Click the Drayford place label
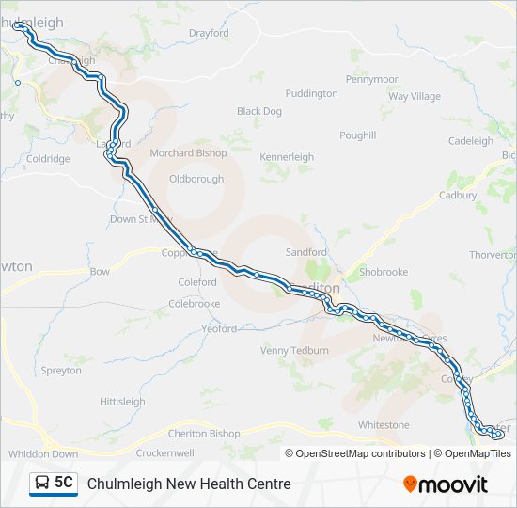[209, 33]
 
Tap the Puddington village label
[311, 93]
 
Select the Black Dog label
[259, 111]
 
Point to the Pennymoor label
[372, 79]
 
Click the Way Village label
[415, 96]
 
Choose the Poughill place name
[358, 135]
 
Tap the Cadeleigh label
[471, 141]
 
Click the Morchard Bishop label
[188, 153]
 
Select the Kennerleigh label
[287, 156]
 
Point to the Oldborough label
[196, 179]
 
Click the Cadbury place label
[458, 196]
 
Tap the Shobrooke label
[384, 272]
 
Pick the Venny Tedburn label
[295, 351]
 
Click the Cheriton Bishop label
[204, 434]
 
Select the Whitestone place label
[384, 425]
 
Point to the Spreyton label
[61, 371]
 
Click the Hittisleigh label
[122, 402]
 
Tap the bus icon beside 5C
[42, 484]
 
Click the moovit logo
[446, 484]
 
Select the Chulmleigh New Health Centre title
[189, 484]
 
